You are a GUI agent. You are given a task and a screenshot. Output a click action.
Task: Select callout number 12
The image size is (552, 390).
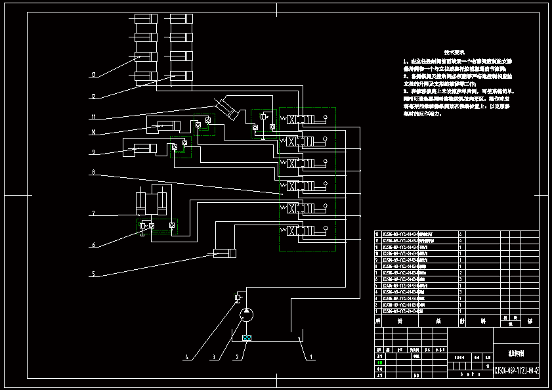coord(94,97)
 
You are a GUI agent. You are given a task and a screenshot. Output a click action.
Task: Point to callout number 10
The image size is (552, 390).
coord(94,133)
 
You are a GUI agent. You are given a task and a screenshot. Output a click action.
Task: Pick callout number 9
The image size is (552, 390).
coord(94,152)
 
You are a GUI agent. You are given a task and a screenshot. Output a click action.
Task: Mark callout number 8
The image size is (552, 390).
coord(94,173)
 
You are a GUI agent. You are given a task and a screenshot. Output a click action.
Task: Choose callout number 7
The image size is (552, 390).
coord(94,213)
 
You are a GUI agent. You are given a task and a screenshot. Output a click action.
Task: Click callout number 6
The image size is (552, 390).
coord(94,245)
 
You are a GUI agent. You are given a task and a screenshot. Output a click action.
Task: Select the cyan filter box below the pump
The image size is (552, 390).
coord(246,339)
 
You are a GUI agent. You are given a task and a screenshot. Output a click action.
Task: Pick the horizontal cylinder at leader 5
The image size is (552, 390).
coord(224,253)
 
